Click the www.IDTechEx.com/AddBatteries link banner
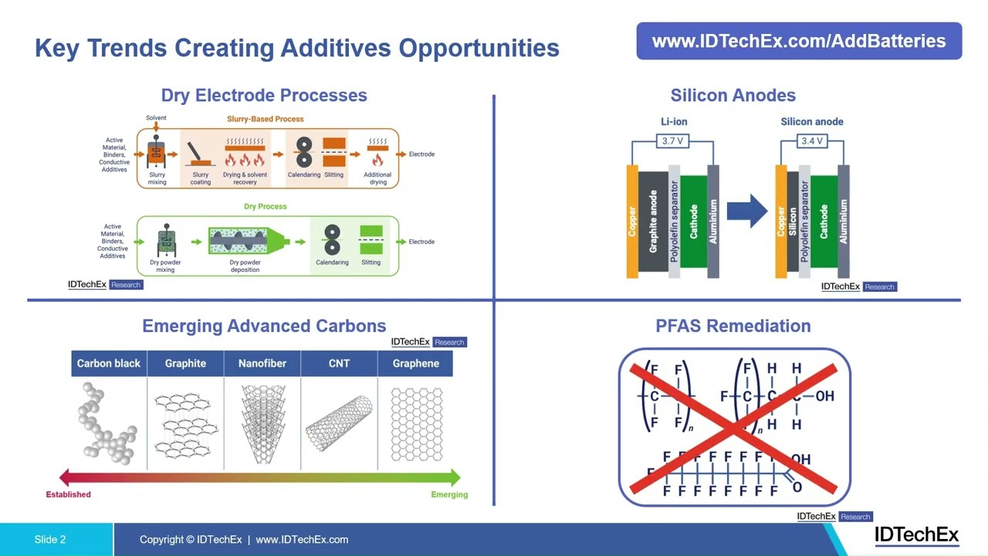click(799, 41)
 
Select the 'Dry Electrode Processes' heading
click(264, 95)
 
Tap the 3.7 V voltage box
click(673, 141)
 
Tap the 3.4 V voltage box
click(812, 141)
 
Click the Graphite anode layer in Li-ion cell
click(653, 222)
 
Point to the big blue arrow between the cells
click(746, 211)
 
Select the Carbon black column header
click(109, 364)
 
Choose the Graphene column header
click(415, 364)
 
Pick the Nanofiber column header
click(262, 364)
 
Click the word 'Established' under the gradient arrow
click(68, 494)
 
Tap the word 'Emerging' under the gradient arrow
click(449, 494)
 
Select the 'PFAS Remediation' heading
click(733, 326)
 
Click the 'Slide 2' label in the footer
click(50, 540)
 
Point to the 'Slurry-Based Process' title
click(265, 119)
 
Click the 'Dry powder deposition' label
click(245, 266)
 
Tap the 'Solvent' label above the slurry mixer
click(156, 118)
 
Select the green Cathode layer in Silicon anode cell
click(824, 222)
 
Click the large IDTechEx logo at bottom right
click(916, 535)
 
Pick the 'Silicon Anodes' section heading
click(733, 95)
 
